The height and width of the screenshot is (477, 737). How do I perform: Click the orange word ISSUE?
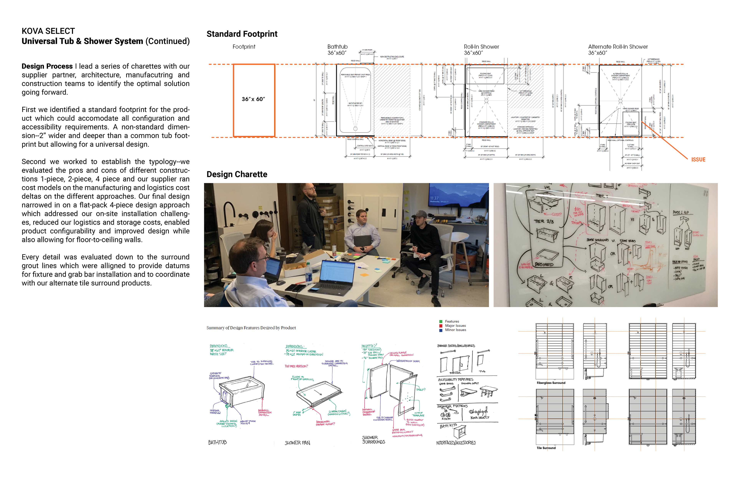tap(698, 160)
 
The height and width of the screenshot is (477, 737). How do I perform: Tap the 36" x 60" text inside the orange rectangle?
tap(253, 99)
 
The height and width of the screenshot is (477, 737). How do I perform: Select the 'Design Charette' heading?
tap(237, 174)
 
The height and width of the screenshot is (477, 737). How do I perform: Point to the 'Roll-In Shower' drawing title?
tap(481, 47)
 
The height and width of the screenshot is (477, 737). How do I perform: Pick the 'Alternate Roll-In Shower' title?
tap(618, 47)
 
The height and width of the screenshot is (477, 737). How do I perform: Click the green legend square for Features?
tap(441, 322)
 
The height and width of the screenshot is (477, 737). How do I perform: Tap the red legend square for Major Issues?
tap(441, 326)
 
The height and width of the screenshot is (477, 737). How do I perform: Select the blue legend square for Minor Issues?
tap(441, 330)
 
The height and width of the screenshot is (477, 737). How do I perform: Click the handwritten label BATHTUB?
tap(217, 442)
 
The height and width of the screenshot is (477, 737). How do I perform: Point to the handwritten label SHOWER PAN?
tap(297, 443)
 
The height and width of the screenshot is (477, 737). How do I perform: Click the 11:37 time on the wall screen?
tap(434, 198)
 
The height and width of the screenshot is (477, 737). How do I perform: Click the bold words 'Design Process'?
tap(47, 66)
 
